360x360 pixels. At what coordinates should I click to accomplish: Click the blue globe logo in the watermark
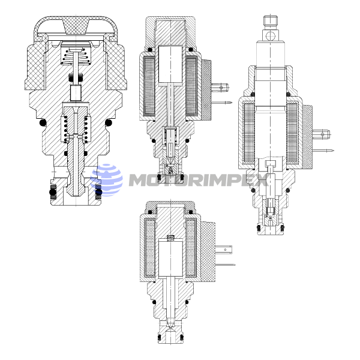[x=107, y=180]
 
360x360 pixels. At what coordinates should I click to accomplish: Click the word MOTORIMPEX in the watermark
[x=199, y=180]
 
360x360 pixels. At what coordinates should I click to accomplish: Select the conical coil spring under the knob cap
[x=76, y=56]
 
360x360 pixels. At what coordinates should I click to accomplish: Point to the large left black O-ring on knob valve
[x=43, y=123]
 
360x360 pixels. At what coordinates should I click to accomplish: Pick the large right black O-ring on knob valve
[x=109, y=123]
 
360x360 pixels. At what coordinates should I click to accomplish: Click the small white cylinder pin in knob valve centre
[x=76, y=93]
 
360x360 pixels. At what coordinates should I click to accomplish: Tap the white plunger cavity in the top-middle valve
[x=170, y=64]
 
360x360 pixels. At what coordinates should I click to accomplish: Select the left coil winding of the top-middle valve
[x=149, y=86]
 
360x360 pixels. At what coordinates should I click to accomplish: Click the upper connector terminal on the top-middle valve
[x=220, y=87]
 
